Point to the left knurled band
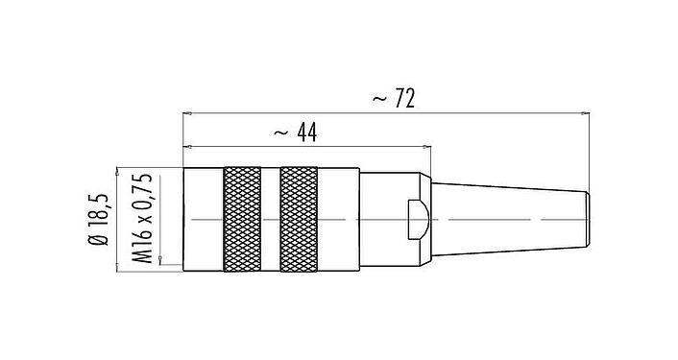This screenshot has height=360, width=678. [x=241, y=220]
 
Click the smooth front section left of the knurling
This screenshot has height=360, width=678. [x=202, y=220]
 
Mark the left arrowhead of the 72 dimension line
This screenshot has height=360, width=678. [x=186, y=113]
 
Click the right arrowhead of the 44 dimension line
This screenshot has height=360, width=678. [x=427, y=148]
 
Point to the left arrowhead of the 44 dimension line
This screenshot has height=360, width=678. [x=186, y=148]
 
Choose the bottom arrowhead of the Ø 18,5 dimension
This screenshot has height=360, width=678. [x=117, y=269]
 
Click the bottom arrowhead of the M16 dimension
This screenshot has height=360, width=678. [x=157, y=262]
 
